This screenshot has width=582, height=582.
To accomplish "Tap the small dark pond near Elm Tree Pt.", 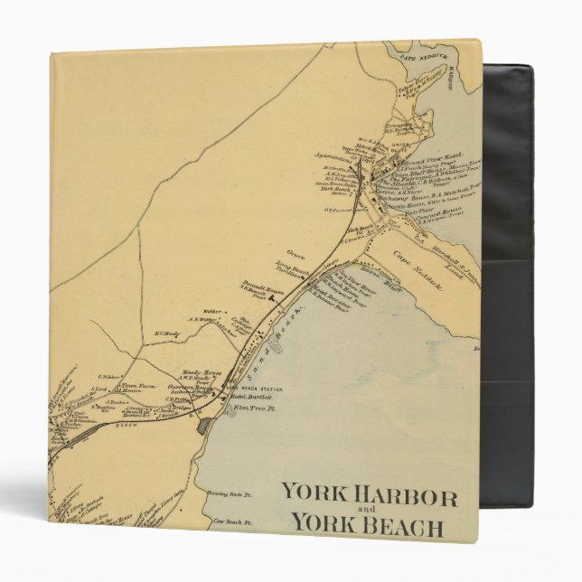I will point(205,422).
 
